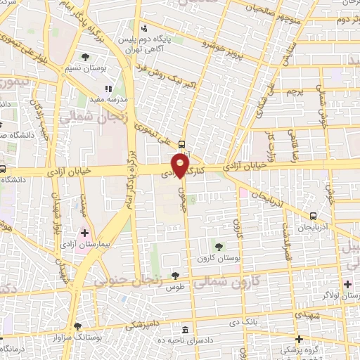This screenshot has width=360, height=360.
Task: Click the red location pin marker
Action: pos(181,166)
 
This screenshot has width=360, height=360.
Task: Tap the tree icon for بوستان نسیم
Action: pos(86,56)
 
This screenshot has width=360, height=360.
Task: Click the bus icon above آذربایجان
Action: pos(312,216)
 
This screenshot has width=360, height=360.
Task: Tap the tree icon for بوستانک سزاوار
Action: pos(77,327)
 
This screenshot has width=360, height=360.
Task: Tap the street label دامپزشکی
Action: pos(142,326)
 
